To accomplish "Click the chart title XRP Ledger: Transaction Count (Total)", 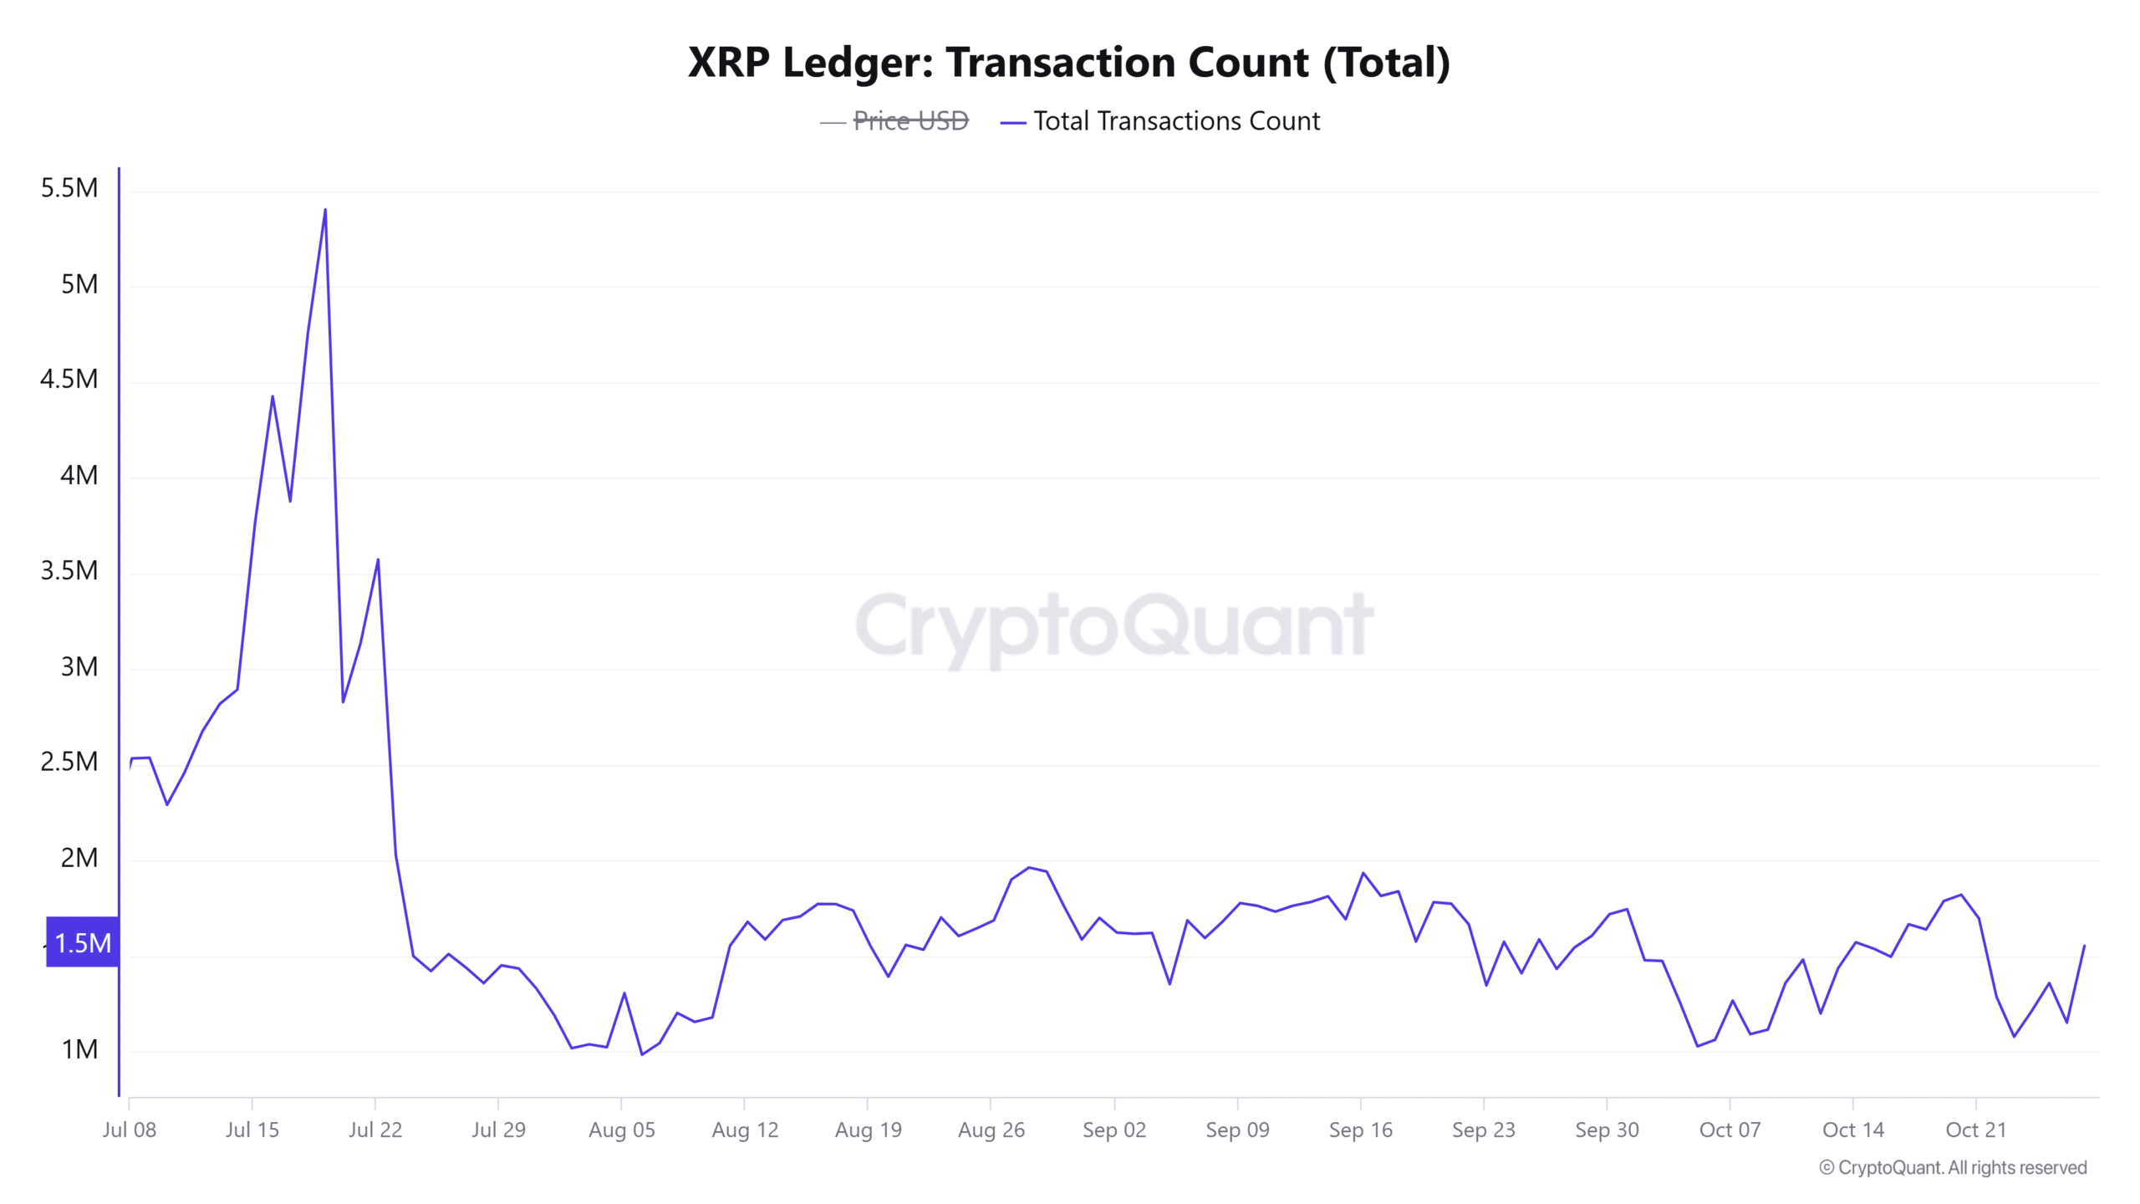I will (1068, 62).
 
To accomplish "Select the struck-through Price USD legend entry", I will (909, 121).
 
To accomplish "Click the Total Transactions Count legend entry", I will (1176, 121).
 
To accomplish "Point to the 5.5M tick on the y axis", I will (69, 188).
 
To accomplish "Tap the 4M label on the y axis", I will (79, 475).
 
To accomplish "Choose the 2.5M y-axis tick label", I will (69, 762).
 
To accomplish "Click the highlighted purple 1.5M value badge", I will (82, 943).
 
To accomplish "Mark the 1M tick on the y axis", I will (79, 1049).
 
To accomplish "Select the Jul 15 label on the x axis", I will (252, 1130).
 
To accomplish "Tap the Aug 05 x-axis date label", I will (621, 1130).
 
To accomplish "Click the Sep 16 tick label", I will (1360, 1130).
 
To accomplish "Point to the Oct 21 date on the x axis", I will (1975, 1130).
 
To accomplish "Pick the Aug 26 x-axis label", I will (991, 1130).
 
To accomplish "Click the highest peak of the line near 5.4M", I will (325, 210).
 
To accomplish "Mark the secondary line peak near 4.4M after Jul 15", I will (273, 396).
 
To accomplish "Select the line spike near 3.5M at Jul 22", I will (378, 560).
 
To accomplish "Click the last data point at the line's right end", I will (2085, 946).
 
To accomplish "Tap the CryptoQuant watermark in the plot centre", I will (1113, 627).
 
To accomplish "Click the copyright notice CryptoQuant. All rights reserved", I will (1953, 1167).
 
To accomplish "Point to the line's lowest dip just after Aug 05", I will (642, 1054).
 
